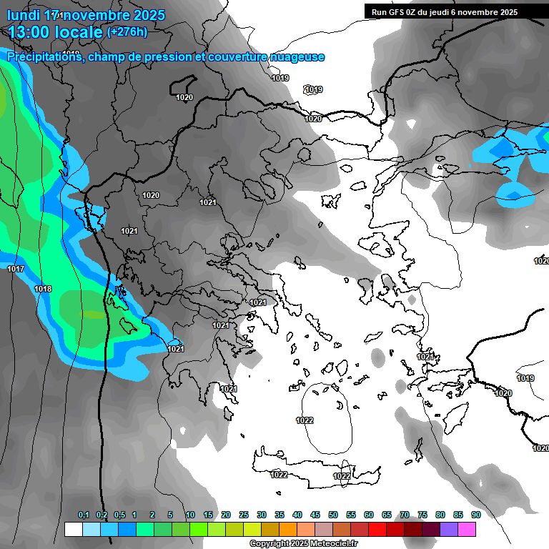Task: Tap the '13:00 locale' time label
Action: point(54,32)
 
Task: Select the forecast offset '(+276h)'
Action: point(127,31)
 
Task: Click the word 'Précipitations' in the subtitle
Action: point(44,57)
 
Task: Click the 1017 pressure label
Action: point(16,269)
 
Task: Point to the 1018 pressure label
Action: point(43,289)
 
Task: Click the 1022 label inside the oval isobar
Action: point(305,420)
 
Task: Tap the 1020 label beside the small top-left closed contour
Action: point(184,97)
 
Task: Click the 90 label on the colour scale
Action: point(475,515)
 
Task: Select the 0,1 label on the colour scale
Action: point(83,515)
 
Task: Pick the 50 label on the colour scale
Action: point(332,515)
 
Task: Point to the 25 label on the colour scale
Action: point(243,515)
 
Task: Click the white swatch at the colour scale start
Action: point(73,529)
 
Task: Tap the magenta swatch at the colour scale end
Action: point(467,529)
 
